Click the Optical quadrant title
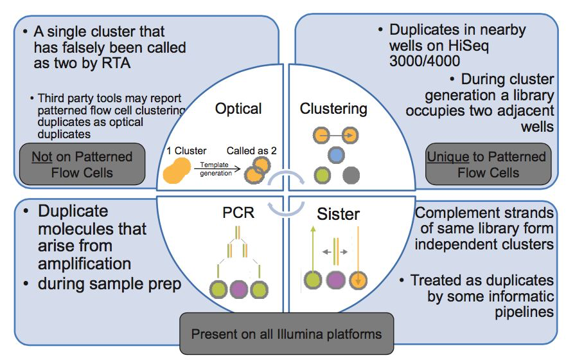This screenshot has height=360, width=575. pos(238,108)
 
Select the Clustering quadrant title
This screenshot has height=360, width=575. pos(333,108)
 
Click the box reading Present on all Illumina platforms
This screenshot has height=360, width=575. pos(286,334)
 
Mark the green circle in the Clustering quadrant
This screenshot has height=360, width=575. pos(323,174)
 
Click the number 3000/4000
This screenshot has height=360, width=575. pos(425,62)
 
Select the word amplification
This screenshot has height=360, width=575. pos(84,263)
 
